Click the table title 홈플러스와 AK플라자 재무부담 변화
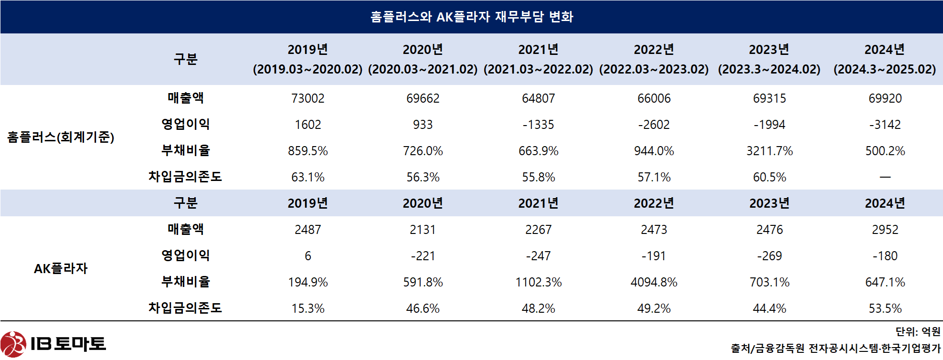(471, 17)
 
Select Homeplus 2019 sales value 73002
(307, 98)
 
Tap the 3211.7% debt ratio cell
(769, 151)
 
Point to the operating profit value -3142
(885, 125)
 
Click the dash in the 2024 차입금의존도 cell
(885, 177)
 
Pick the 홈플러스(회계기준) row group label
(61, 138)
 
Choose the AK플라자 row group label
(61, 268)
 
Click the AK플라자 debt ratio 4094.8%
(654, 282)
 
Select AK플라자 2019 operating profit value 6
(307, 256)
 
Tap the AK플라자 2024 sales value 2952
(885, 230)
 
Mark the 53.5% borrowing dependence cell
(885, 308)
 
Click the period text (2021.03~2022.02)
(538, 69)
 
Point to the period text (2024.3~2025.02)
(884, 69)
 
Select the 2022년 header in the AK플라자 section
(654, 203)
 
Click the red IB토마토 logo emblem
(13, 344)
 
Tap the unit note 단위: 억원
(918, 331)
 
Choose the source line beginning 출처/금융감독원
(835, 349)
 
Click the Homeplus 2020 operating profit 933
(423, 125)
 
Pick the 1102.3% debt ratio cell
(538, 282)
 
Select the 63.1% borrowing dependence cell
(307, 177)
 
